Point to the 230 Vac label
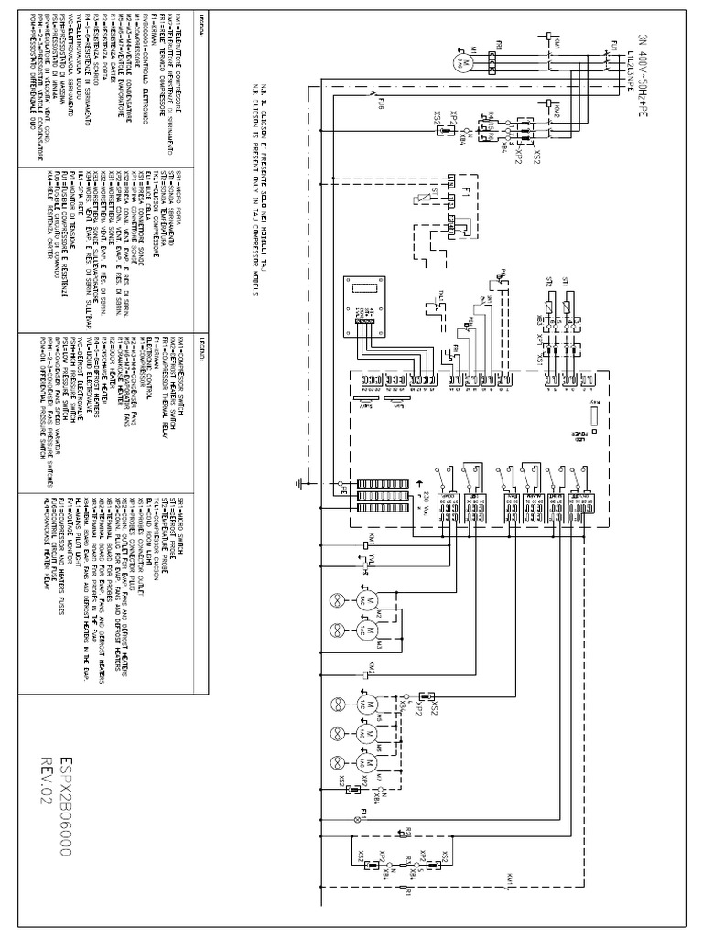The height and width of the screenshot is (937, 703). point(427,502)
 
